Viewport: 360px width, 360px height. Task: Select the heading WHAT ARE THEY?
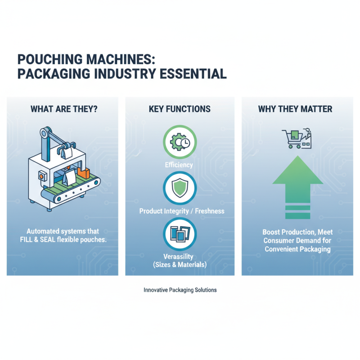(x=63, y=109)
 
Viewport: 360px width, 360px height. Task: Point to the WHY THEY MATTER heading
(x=295, y=109)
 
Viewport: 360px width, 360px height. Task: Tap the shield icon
(x=180, y=189)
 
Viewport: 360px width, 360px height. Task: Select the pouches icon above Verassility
(x=180, y=233)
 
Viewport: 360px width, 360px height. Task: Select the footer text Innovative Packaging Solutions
(x=180, y=290)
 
